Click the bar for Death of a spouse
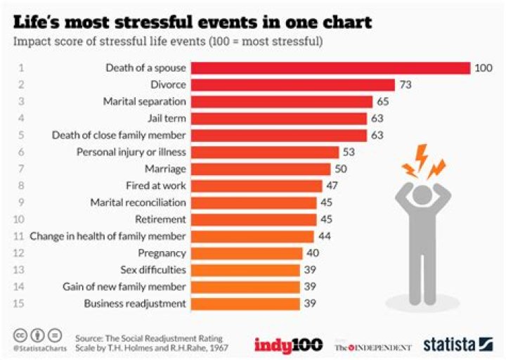330,68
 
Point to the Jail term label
169,118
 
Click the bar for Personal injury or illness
264,152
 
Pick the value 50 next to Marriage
342,169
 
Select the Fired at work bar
257,186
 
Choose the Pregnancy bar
247,253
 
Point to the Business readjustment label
135,304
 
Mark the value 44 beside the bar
325,236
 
